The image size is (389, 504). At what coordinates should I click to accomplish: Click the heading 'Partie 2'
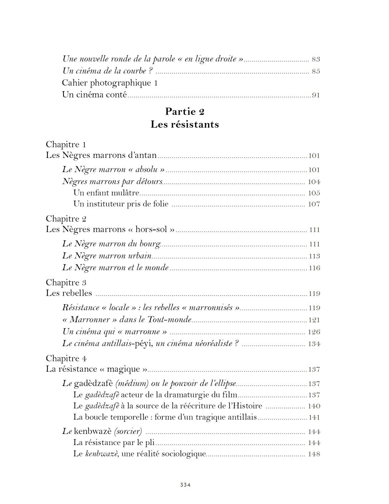(185, 112)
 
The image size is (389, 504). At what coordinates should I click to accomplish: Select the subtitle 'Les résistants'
(185, 124)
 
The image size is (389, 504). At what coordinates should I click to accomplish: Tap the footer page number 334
(185, 485)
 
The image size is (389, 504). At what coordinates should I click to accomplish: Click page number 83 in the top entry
(315, 59)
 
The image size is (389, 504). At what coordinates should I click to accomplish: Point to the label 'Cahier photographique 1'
(110, 83)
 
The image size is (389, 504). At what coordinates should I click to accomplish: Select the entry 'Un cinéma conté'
(94, 95)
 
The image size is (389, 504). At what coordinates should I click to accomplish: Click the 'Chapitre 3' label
(66, 282)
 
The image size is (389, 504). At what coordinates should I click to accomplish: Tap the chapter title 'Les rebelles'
(69, 293)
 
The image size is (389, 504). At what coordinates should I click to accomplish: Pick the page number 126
(314, 332)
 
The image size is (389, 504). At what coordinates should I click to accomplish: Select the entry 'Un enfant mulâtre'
(106, 193)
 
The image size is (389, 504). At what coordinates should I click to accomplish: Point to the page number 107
(314, 204)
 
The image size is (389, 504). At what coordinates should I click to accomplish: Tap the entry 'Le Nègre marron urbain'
(107, 256)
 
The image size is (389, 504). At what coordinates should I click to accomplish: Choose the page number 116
(314, 268)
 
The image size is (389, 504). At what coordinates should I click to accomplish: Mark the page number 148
(314, 454)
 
